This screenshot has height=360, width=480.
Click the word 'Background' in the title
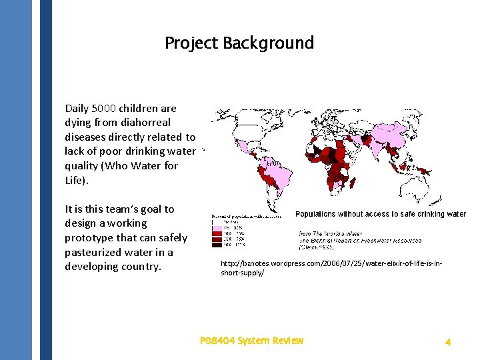click(x=268, y=43)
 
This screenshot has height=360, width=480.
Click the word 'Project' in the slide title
click(x=192, y=43)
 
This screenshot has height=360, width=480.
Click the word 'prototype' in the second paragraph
click(x=93, y=238)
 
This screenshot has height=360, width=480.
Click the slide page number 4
click(x=448, y=342)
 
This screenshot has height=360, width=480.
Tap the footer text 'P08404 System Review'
click(x=251, y=341)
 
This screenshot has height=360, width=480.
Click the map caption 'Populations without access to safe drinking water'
click(x=381, y=214)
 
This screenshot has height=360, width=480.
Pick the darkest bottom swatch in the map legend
click(x=217, y=245)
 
